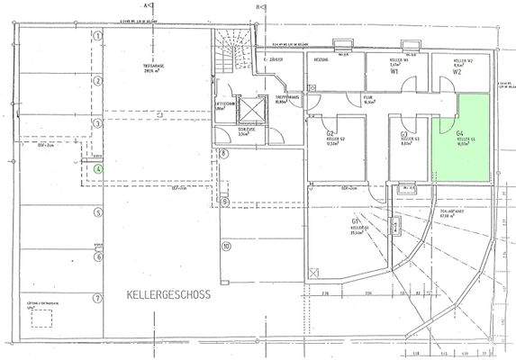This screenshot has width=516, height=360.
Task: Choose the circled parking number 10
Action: (227, 245)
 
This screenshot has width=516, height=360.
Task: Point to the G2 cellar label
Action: (331, 132)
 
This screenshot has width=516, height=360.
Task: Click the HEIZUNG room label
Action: (319, 59)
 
